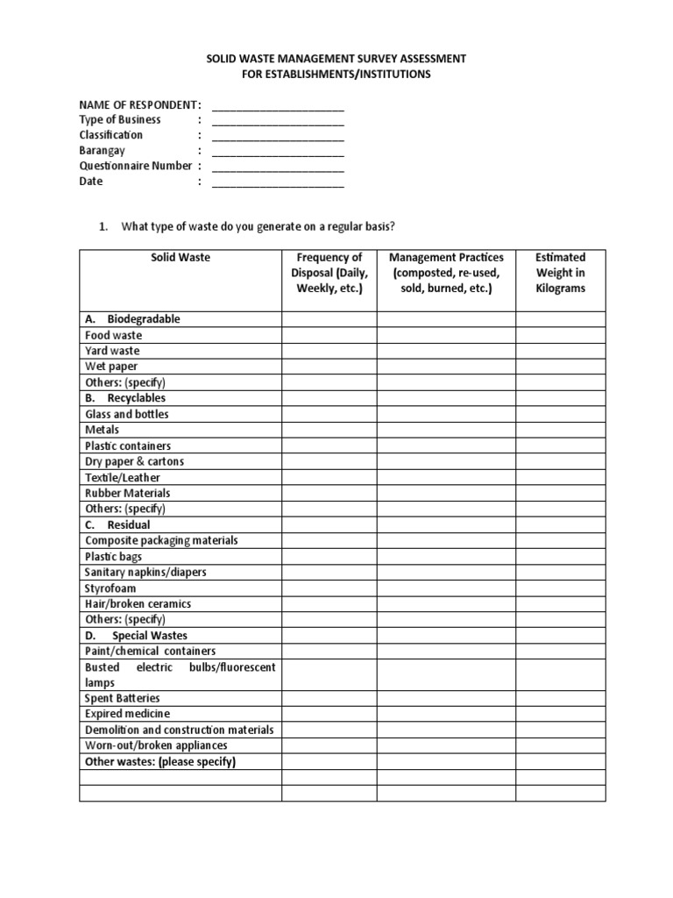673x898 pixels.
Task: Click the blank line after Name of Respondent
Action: [x=278, y=107]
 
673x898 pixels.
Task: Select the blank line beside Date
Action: [x=278, y=183]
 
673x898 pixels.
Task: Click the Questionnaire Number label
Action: [x=135, y=166]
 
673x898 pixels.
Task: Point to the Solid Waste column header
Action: [x=181, y=258]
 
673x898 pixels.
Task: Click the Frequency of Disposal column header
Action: [x=329, y=273]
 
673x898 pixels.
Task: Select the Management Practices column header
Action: [x=446, y=273]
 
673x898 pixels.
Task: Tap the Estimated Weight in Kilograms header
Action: [x=560, y=273]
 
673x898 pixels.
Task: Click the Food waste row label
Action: [x=113, y=335]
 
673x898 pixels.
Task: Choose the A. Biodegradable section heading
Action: [x=132, y=319]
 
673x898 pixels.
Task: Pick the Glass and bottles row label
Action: [x=127, y=414]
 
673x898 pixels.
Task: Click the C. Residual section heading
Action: [x=117, y=524]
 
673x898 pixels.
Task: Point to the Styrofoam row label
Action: [x=110, y=588]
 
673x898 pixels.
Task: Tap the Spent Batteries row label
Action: [x=123, y=698]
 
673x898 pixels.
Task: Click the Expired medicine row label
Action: [x=127, y=714]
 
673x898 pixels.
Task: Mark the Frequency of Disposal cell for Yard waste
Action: [x=329, y=351]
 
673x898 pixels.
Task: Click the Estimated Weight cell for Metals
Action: [x=560, y=430]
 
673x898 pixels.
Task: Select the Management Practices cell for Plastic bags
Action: [x=446, y=557]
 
